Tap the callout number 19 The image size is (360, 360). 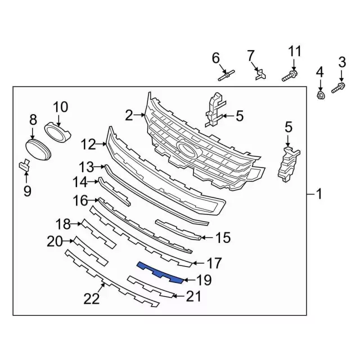[204, 280]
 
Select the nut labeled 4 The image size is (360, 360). [321, 95]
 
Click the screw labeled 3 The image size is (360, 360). [339, 88]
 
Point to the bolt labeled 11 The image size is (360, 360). [290, 76]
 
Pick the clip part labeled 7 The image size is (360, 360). [260, 74]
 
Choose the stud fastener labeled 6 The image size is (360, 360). [226, 75]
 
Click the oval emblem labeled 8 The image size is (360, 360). [38, 149]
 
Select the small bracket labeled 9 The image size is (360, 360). [25, 165]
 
